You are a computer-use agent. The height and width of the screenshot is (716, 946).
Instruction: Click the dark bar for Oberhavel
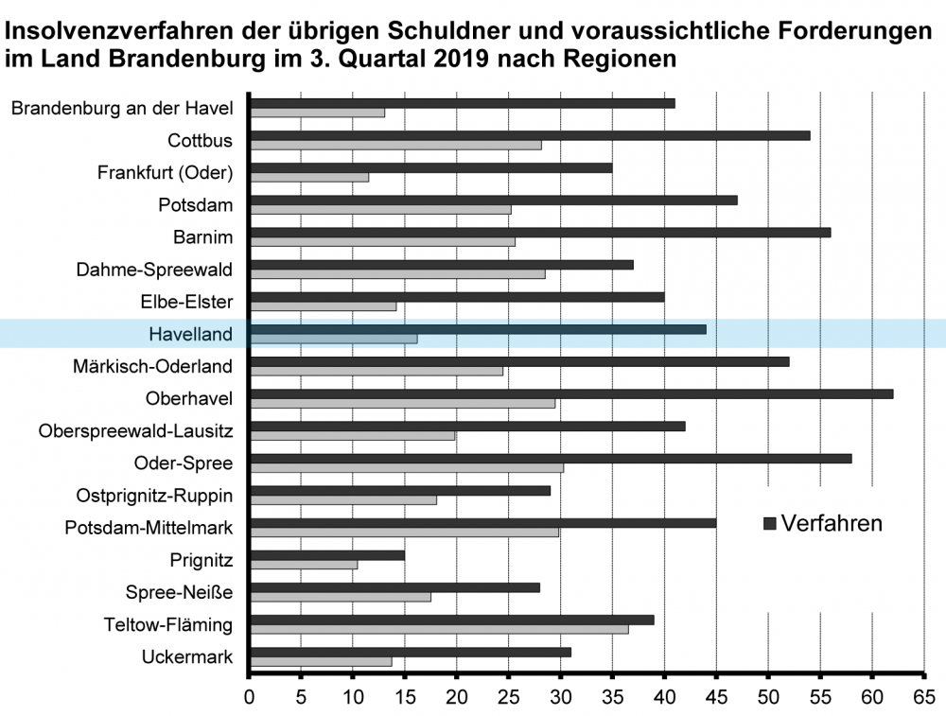570,393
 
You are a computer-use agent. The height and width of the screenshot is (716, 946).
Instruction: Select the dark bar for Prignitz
327,554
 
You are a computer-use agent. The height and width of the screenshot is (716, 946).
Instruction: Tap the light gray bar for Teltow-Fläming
439,629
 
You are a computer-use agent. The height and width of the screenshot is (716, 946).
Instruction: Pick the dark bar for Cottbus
529,135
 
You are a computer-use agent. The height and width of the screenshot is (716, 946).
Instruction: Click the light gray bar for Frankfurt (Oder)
309,177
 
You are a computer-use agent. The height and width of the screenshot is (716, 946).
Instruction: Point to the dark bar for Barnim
539,232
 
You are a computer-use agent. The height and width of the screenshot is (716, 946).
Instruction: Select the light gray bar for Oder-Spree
407,467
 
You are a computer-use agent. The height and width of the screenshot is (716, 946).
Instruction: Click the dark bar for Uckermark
411,652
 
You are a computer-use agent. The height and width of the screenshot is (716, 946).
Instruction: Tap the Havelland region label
190,334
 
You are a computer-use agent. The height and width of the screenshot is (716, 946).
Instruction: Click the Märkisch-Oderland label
152,366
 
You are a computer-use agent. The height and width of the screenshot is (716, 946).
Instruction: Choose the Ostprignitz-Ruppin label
154,495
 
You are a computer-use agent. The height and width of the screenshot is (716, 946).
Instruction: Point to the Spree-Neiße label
179,592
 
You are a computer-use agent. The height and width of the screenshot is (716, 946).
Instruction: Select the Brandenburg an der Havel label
122,109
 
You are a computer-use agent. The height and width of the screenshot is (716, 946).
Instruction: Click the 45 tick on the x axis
716,698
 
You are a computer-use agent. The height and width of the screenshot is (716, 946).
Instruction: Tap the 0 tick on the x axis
249,698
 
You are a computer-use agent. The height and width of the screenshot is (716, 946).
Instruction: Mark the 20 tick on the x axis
457,698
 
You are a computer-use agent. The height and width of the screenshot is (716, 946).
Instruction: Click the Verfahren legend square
769,524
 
